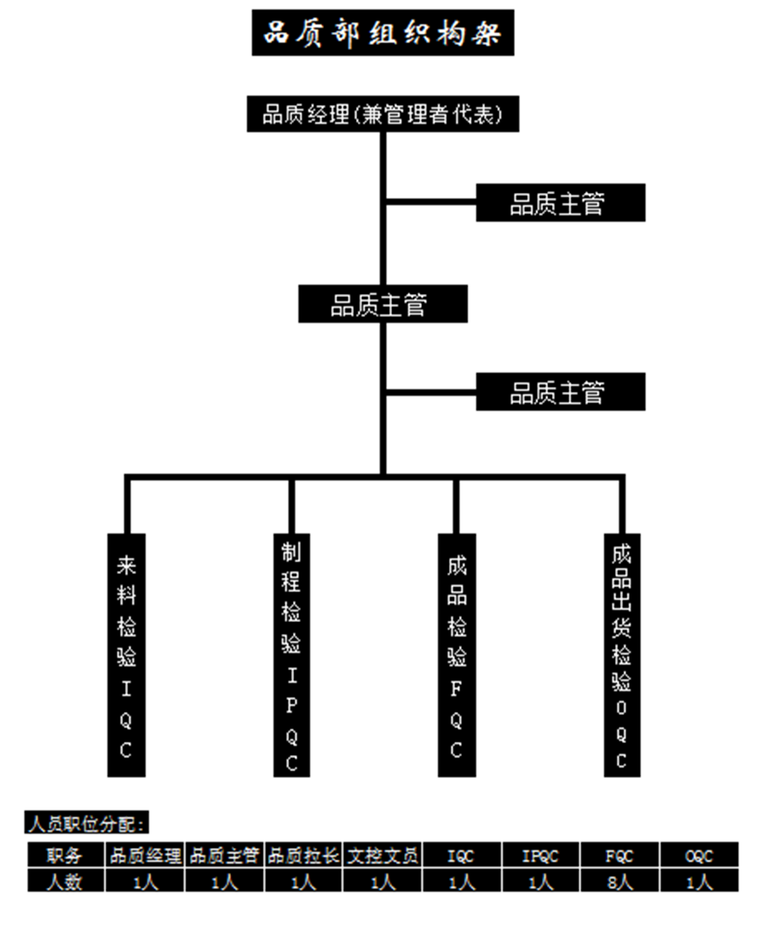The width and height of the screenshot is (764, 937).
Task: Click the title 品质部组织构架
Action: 383,32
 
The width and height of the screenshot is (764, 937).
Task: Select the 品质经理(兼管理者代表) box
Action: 383,114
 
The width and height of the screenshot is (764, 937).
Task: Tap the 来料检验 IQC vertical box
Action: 126,655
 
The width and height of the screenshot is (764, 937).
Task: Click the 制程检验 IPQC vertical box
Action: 292,655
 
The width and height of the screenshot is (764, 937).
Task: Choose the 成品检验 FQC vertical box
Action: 456,655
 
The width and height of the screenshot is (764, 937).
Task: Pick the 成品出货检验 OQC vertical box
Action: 621,655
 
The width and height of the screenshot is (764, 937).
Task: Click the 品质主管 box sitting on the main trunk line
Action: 383,304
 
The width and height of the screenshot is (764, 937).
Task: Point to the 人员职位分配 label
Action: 87,823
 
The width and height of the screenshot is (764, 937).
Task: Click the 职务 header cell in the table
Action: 65,856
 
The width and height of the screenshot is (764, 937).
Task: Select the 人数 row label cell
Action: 65,882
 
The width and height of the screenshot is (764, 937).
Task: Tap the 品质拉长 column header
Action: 303,856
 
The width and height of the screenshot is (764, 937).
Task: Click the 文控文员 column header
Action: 383,856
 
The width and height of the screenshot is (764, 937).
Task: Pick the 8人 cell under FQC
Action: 619,882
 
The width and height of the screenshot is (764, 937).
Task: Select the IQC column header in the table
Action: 462,856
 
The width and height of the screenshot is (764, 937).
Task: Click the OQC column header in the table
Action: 699,856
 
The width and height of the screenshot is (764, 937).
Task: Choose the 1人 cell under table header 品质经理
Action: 145,882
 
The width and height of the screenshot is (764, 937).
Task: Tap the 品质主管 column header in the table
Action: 224,856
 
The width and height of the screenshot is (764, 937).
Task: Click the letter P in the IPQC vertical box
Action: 292,705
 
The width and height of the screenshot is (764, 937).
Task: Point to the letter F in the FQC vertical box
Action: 456,688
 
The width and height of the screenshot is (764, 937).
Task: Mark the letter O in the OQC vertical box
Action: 621,707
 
